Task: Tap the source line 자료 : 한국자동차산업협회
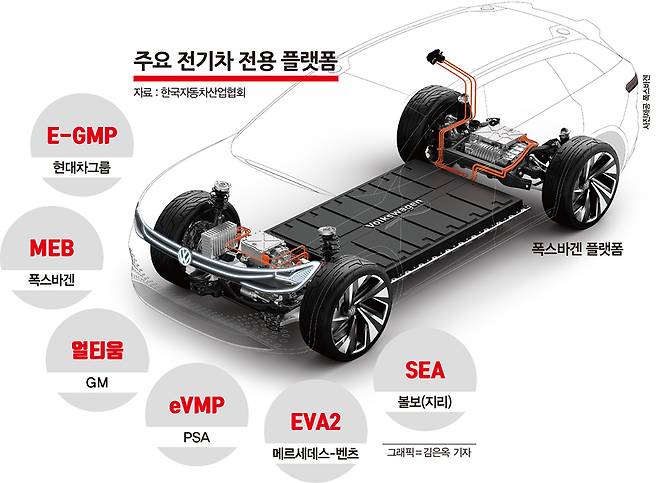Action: point(188,96)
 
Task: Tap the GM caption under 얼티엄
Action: point(96,381)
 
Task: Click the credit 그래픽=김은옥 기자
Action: point(429,452)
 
